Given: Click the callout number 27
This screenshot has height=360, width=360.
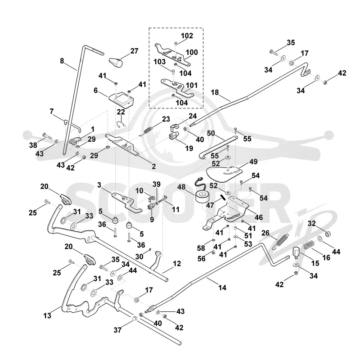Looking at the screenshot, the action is [x=134, y=51].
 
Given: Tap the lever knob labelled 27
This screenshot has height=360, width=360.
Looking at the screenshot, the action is [x=116, y=63].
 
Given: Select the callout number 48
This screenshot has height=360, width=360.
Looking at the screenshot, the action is [x=181, y=187].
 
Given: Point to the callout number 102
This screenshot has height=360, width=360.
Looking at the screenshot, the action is [x=187, y=36].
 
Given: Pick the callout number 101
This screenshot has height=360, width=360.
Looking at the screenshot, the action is [x=192, y=85].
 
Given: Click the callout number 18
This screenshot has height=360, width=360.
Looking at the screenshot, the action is [x=215, y=92].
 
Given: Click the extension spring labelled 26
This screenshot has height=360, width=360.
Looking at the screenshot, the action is [x=280, y=242].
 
